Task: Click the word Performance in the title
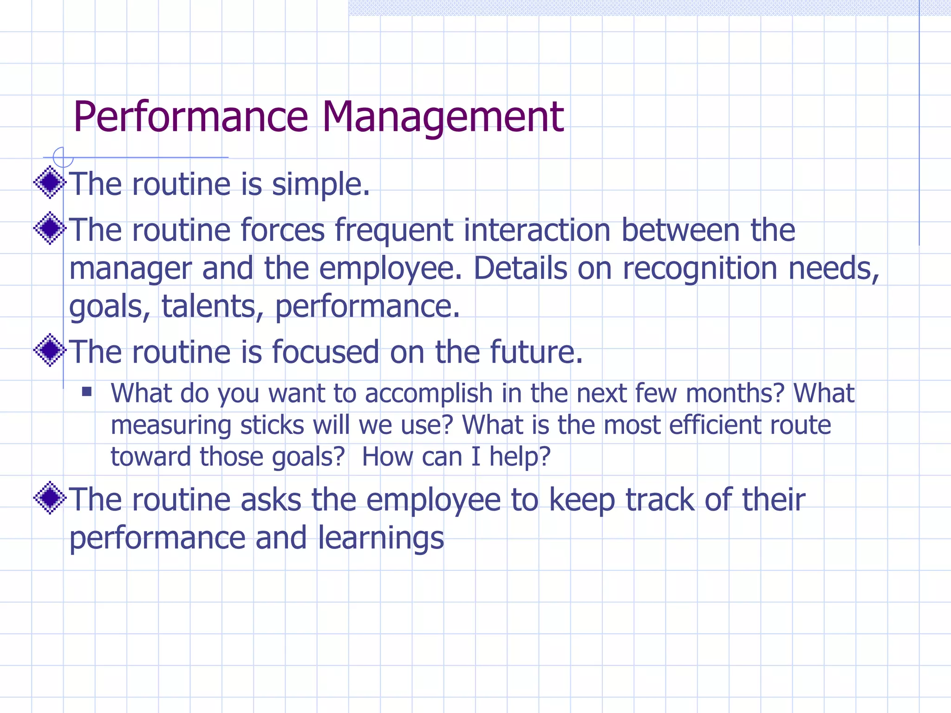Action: pyautogui.click(x=190, y=117)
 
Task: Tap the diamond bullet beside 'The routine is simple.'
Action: pyautogui.click(x=50, y=182)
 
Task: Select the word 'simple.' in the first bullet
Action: pyautogui.click(x=320, y=185)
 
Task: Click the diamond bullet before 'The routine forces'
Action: pyautogui.click(x=50, y=228)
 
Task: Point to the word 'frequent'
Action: pyautogui.click(x=394, y=231)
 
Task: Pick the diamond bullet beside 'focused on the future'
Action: pyautogui.click(x=50, y=350)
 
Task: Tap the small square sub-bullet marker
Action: pyautogui.click(x=87, y=392)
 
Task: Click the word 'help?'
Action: pyautogui.click(x=520, y=457)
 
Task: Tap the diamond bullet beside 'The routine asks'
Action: pyautogui.click(x=50, y=498)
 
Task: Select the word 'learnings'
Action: pyautogui.click(x=381, y=538)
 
